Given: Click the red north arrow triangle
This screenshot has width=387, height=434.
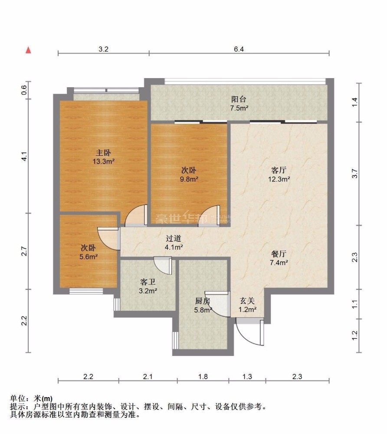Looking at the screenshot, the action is point(28,50).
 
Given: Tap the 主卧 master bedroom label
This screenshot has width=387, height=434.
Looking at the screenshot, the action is point(103,152).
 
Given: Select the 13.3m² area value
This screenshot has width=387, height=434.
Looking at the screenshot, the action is point(103,161).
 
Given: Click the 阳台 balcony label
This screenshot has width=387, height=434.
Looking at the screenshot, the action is point(239,99).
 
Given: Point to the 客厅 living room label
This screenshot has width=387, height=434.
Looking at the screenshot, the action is point(279,170).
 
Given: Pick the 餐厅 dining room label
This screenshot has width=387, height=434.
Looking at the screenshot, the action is point(279,254).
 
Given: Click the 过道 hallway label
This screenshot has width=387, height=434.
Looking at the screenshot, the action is point(174,238).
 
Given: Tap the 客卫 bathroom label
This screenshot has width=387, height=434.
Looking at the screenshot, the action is point(148,282).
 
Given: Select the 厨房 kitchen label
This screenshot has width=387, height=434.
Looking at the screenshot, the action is point(203,301).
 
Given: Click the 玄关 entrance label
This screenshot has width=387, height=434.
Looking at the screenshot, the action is point(247,301).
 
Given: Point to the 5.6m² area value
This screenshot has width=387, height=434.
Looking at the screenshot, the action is point(89,257).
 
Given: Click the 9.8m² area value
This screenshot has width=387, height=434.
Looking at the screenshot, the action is point(189,179).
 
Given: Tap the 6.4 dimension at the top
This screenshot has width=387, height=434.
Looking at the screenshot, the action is point(239,49).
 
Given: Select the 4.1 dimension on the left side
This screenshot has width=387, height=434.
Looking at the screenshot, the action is point(24,156).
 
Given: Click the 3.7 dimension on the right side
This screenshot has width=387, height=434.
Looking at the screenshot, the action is point(354,174).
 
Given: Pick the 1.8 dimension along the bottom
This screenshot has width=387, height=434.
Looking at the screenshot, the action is point(203,376).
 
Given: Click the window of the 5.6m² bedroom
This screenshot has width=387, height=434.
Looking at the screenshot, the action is point(86,291).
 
